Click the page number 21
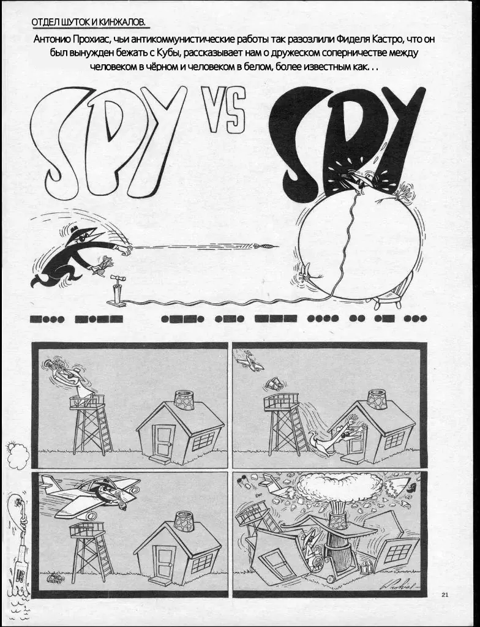pyautogui.click(x=445, y=594)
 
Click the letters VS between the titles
pyautogui.click(x=223, y=110)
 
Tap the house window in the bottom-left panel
pyautogui.click(x=203, y=563)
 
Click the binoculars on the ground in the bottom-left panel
pyautogui.click(x=54, y=579)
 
